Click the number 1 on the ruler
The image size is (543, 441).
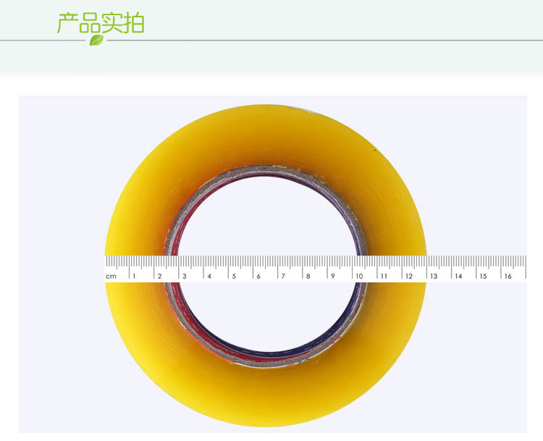coord(134,276)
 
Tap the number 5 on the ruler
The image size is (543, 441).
coord(234,276)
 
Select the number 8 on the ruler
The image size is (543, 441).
coord(308,276)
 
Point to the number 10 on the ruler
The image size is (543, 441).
coord(359,276)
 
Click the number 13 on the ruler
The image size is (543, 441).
coord(434,276)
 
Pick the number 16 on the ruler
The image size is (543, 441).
coord(508,276)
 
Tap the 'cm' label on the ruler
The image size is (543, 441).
coord(111,277)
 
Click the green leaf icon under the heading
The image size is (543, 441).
coord(96,40)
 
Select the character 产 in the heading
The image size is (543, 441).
coord(67,23)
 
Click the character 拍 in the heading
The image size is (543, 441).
coord(133,23)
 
